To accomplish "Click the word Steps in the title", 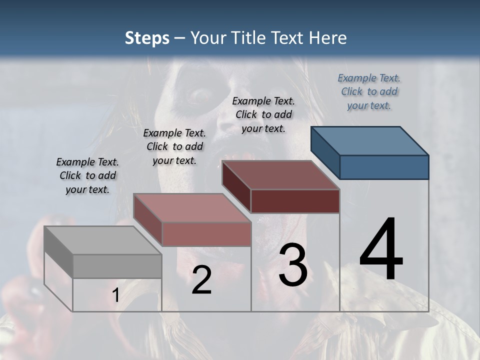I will click(x=147, y=38).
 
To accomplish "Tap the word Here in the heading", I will click(x=326, y=38).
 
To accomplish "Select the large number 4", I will click(x=381, y=250).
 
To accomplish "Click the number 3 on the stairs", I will click(x=293, y=265).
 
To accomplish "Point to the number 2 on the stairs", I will click(x=201, y=280).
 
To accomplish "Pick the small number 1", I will click(x=115, y=295).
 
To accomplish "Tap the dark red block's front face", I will click(x=295, y=201).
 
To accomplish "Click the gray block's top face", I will click(x=103, y=240).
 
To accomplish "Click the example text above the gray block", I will click(x=87, y=176).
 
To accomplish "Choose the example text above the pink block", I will click(x=174, y=147).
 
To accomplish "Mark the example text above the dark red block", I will click(x=263, y=115).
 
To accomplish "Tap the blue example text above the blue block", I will click(x=369, y=92).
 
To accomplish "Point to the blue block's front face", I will click(x=384, y=167).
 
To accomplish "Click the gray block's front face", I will click(x=117, y=266).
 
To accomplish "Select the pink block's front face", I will click(x=206, y=234).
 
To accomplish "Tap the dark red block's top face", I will click(x=281, y=175).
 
